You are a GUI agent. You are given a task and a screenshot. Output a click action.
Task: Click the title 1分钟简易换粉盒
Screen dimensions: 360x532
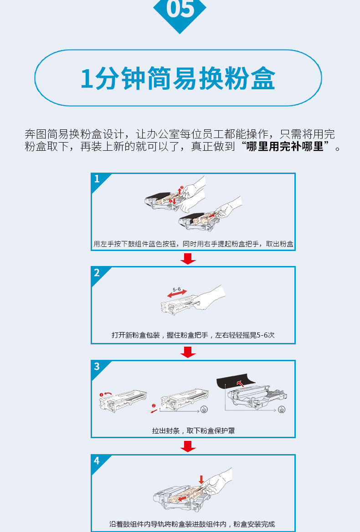pos(178,78)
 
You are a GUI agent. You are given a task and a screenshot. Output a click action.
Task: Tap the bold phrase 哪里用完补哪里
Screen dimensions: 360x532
pos(285,147)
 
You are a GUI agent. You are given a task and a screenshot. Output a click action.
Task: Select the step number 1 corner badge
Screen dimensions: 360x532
pos(99,181)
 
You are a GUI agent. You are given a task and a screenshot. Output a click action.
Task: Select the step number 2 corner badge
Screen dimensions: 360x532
pos(99,275)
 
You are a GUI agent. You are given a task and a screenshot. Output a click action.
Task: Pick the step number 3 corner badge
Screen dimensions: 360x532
pos(99,368)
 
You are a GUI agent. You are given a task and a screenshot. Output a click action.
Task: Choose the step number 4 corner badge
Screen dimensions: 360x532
pos(99,462)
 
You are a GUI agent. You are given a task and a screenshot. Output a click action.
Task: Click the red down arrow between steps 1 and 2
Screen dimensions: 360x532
pos(188,259)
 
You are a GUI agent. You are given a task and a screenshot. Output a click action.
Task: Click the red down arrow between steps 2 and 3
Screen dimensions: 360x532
pos(188,352)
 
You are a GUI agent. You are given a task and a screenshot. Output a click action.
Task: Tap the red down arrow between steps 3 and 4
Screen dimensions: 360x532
pos(188,446)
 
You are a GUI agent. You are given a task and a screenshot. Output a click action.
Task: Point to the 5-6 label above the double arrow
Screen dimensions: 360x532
pos(177,289)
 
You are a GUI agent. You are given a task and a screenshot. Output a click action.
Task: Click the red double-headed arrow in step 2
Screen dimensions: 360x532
pos(177,293)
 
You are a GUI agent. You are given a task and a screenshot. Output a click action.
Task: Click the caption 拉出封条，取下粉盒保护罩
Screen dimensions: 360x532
pos(193,431)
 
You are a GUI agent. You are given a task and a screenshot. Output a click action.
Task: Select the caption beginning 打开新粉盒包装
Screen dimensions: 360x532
pos(193,335)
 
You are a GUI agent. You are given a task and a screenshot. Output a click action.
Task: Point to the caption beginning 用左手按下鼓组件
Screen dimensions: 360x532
pos(193,244)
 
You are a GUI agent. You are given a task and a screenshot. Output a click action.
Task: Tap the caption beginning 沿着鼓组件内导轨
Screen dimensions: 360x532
pos(192,524)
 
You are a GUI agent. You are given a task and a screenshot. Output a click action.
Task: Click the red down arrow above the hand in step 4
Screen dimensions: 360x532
pos(201,480)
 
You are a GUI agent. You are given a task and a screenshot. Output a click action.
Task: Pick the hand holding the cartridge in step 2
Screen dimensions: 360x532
pos(210,297)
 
